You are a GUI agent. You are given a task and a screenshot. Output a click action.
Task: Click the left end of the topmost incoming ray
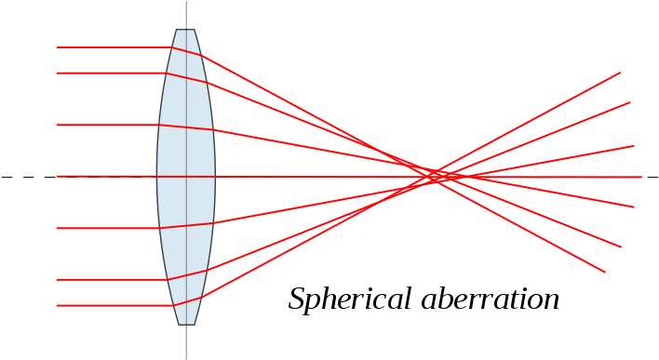pos(57,47)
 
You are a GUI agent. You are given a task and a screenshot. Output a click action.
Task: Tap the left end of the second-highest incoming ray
pos(57,73)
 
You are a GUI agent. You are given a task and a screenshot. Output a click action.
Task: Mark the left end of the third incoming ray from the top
pos(57,125)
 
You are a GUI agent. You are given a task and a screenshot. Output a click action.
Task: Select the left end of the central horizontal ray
pos(57,176)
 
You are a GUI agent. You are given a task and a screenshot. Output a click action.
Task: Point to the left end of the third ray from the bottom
pos(57,228)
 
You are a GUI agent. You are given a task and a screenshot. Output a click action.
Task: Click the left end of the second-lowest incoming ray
pos(57,279)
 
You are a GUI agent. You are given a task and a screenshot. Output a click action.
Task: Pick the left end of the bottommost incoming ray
pos(57,305)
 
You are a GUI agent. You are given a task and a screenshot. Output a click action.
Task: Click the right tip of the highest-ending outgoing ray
pos(620,73)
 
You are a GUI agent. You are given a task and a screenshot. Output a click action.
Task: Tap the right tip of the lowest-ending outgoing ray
pos(605,272)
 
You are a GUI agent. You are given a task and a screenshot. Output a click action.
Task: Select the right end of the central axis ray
pos(641,177)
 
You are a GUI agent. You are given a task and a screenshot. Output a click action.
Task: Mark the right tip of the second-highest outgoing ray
pos(630,102)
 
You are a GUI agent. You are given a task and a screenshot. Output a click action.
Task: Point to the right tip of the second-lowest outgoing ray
pos(621,247)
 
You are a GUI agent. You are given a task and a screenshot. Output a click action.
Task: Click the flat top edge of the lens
pos(186,31)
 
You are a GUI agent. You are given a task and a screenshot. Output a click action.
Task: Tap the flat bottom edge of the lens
pos(186,324)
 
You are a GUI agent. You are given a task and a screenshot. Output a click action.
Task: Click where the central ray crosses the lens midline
pos(186,177)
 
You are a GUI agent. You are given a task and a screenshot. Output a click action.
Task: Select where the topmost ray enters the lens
pos(173,47)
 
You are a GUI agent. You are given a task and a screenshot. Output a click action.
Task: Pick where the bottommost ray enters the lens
pos(173,305)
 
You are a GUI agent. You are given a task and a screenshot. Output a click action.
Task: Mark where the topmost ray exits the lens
pos(202,56)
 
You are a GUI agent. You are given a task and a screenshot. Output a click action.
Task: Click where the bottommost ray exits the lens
pos(202,297)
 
